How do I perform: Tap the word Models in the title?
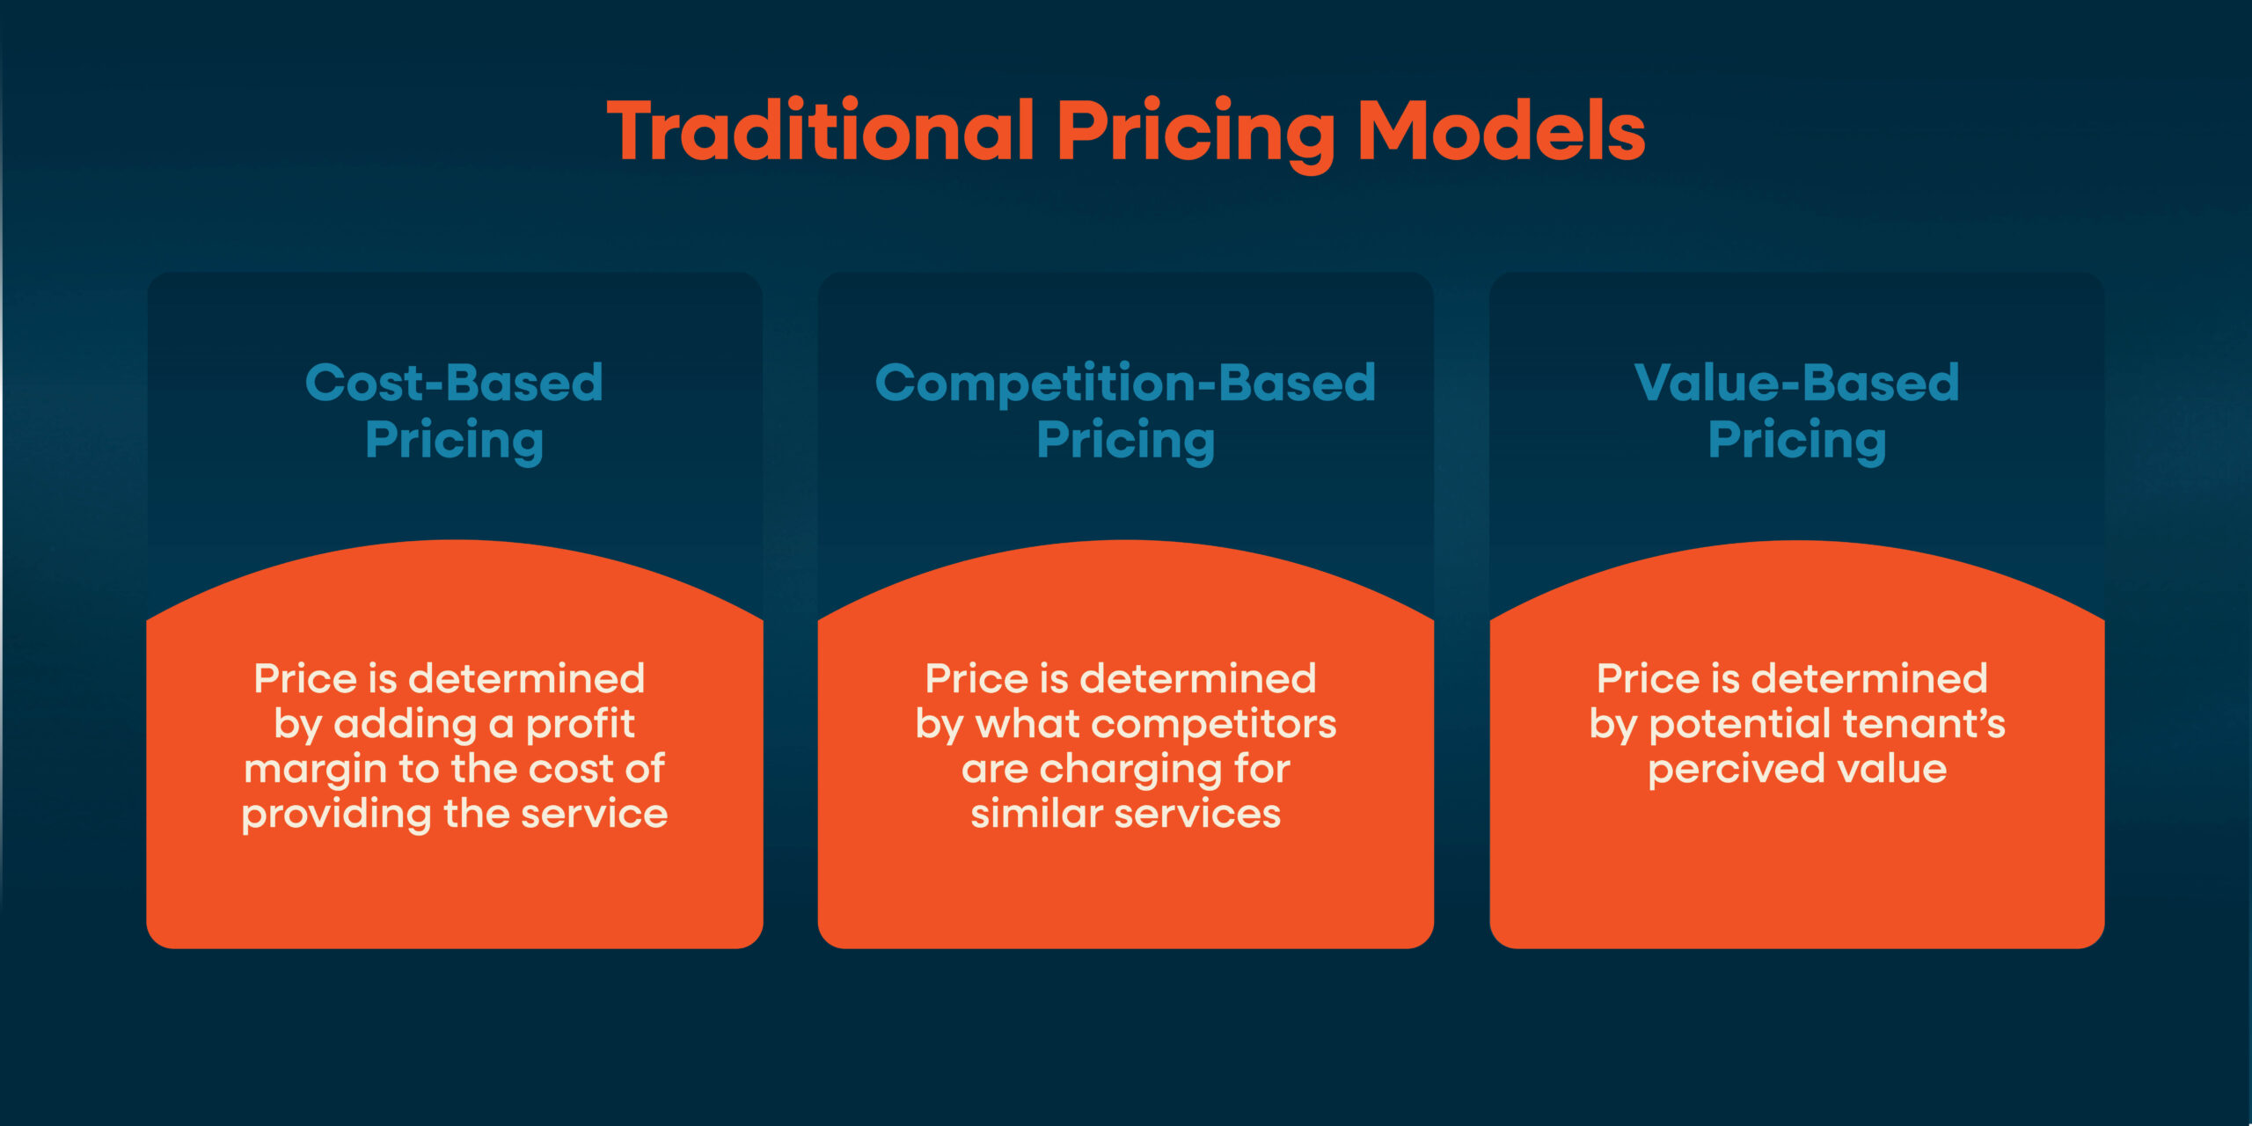click(x=1501, y=132)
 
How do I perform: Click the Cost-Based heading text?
click(x=454, y=383)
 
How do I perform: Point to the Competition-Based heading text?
click(x=1125, y=383)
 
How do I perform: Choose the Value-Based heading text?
click(x=1796, y=383)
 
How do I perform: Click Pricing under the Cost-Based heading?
click(x=454, y=440)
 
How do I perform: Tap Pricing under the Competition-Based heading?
click(x=1125, y=440)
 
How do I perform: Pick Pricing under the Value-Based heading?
click(x=1796, y=440)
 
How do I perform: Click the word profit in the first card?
click(x=580, y=725)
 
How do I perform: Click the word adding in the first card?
click(x=406, y=725)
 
